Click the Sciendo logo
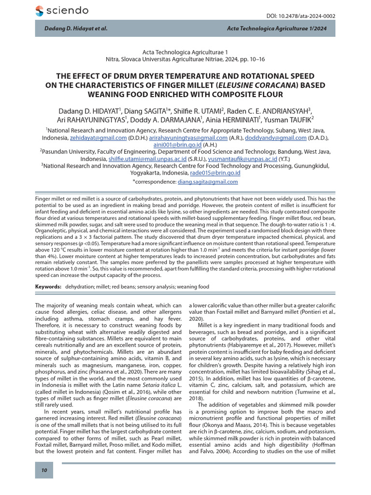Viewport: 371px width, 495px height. [62, 11]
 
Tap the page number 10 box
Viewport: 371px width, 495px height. [43, 471]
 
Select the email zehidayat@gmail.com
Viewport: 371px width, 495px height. [99, 137]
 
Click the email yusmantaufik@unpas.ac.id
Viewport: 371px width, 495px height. [245, 158]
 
